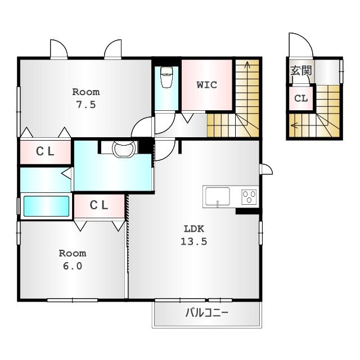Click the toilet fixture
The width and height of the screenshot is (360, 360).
click(166, 77)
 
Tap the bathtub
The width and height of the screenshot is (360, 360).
click(46, 206)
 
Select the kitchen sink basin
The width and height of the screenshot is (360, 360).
click(218, 196)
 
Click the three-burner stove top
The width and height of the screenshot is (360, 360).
click(249, 197)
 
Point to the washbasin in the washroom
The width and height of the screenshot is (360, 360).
click(124, 148)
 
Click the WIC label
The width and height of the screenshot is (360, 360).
click(207, 85)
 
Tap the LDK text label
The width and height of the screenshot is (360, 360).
click(194, 229)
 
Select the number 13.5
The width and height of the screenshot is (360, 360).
click(194, 241)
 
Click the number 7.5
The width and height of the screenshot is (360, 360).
click(86, 105)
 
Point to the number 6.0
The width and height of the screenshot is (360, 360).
click(73, 266)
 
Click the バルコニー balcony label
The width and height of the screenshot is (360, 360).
click(207, 313)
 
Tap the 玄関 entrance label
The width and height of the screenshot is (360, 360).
click(301, 70)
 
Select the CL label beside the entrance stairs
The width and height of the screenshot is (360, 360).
click(301, 98)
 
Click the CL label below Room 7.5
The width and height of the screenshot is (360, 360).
click(45, 151)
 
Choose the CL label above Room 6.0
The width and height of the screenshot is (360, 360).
click(99, 205)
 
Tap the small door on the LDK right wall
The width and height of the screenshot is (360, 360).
click(266, 169)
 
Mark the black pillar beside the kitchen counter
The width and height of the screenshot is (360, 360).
click(247, 211)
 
